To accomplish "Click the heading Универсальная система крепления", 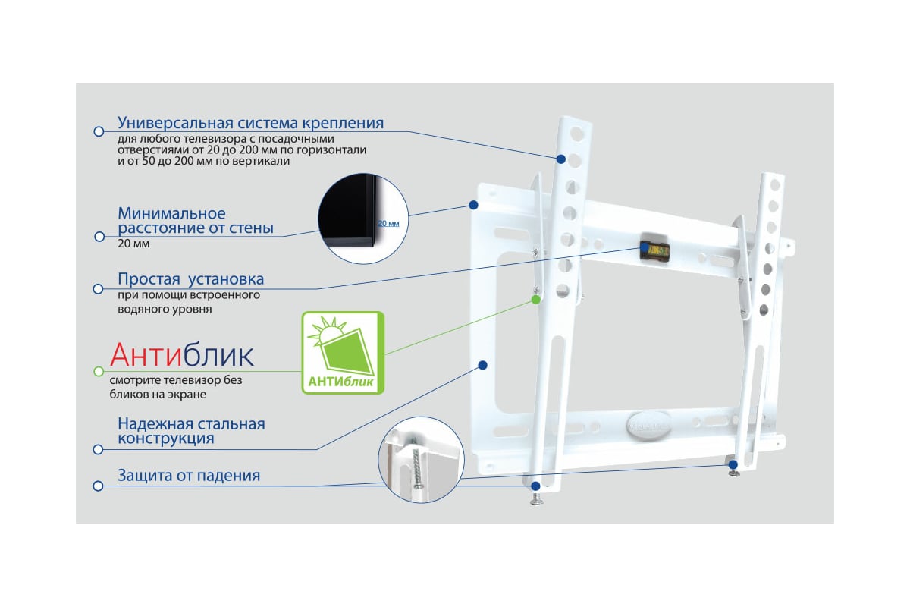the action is pos(251,122).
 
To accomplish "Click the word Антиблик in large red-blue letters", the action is pos(181,355).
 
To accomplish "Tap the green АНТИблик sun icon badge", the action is pos(343,353).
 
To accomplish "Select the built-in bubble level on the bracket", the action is pos(655,250).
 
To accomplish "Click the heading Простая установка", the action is pos(191,279).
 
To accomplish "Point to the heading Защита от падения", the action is pos(189,475).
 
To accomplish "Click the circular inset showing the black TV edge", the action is pos(363,219).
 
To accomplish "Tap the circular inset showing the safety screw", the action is pos(422,459).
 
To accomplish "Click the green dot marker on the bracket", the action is pos(536,300).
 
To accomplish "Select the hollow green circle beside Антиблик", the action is pos(99,371).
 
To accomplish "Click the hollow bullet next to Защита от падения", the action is pos(98,486).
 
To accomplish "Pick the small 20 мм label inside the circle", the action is pos(388,224).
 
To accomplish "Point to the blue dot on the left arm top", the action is pos(561,159).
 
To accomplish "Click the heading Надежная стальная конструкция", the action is pos(191,431).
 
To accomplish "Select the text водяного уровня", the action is pos(165,309).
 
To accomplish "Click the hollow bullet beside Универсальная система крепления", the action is pos(99,131).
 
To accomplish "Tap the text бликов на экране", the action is pos(158,394).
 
